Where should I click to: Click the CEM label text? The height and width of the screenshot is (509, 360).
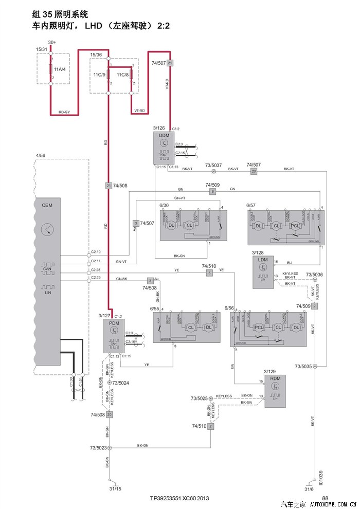47,205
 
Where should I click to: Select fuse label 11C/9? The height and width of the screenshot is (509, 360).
99,75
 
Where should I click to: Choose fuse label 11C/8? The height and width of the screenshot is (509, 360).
123,75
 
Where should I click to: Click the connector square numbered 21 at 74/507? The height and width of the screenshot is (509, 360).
170,63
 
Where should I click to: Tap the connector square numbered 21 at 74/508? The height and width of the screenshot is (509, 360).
109,185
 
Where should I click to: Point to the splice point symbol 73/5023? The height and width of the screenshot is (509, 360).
109,448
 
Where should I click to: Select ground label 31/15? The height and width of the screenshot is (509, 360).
115,489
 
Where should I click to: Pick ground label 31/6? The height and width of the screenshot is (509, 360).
309,489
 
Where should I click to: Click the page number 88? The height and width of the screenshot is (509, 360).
325,498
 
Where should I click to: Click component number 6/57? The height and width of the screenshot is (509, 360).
251,205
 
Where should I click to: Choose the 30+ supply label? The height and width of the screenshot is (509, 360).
52,42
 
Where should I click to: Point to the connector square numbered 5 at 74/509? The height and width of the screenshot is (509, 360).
212,192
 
